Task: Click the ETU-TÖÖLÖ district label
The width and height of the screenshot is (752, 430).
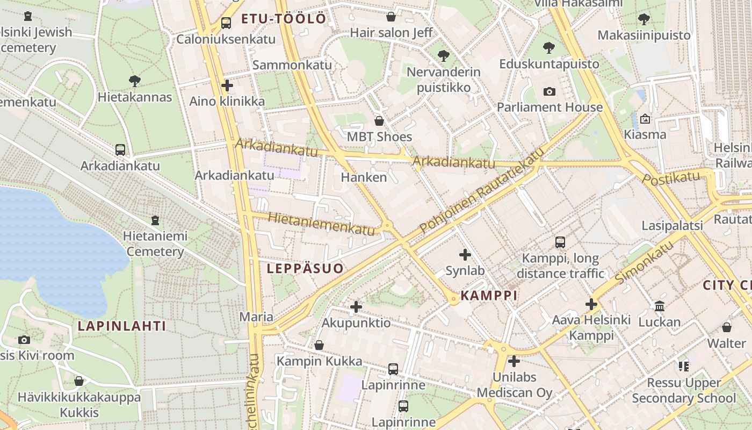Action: point(284,19)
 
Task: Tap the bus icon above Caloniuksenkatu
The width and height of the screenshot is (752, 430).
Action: point(226,23)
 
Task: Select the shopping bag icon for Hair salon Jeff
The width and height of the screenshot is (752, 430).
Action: point(391,17)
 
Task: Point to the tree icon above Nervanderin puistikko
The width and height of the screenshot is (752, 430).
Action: point(443,55)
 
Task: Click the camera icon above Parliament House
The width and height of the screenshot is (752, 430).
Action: point(549,91)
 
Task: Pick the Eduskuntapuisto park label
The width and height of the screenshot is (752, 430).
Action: point(549,64)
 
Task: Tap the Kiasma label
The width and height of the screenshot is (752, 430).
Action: point(645,134)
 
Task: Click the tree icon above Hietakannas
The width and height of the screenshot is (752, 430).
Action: point(135,81)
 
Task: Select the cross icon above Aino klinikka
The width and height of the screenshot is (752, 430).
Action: point(227,85)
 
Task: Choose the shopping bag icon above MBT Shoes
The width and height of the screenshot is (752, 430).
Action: point(379,120)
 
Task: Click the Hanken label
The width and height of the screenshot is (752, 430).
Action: point(364,177)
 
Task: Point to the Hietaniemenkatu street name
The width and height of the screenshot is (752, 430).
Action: point(321,224)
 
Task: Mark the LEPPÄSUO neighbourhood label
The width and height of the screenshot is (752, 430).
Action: point(305,268)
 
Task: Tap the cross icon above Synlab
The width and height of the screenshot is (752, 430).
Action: point(465,255)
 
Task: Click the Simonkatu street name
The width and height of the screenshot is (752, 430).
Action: point(644,263)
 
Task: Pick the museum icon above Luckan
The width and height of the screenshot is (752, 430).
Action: point(660,306)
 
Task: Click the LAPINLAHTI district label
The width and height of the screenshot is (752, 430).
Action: point(122,326)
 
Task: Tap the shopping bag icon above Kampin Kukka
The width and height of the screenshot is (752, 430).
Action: point(319,345)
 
